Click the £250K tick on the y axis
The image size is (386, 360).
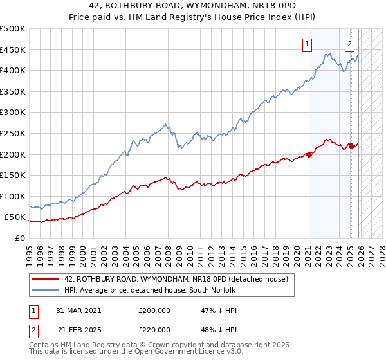[13, 133]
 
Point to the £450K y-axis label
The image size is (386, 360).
[13, 50]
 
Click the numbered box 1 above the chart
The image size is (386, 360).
[308, 44]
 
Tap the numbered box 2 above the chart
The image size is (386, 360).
[349, 44]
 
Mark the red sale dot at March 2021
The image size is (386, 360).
[309, 154]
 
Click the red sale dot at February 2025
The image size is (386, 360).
[351, 146]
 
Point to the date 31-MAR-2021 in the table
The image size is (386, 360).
[78, 310]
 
